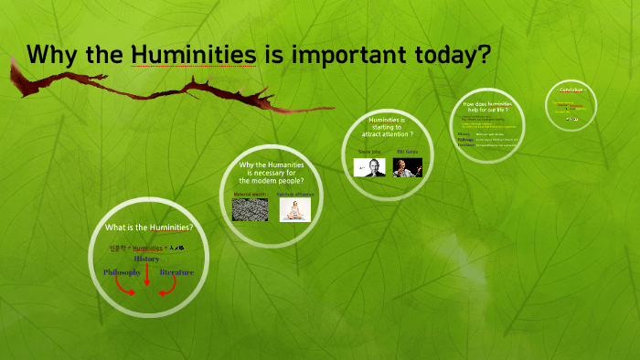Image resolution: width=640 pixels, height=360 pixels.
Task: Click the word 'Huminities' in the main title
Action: click(x=194, y=55)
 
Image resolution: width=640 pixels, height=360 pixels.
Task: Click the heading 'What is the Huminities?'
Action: click(x=149, y=227)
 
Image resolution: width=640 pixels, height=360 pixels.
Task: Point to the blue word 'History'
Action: click(x=146, y=259)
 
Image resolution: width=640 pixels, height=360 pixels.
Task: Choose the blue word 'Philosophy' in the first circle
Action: click(x=122, y=272)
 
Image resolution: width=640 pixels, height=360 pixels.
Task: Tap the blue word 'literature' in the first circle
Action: click(x=176, y=272)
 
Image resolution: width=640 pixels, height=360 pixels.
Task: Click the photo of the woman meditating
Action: click(x=294, y=210)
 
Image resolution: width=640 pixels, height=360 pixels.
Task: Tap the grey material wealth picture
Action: click(x=250, y=210)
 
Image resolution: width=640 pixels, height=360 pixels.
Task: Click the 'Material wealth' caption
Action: click(x=250, y=194)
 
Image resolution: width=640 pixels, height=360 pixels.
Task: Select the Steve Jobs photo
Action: click(x=368, y=167)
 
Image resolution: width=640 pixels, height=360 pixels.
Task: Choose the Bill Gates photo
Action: click(x=407, y=167)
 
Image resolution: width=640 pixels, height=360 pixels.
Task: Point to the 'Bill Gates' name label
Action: click(x=407, y=152)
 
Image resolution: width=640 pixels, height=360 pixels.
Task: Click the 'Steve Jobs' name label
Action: click(x=369, y=152)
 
